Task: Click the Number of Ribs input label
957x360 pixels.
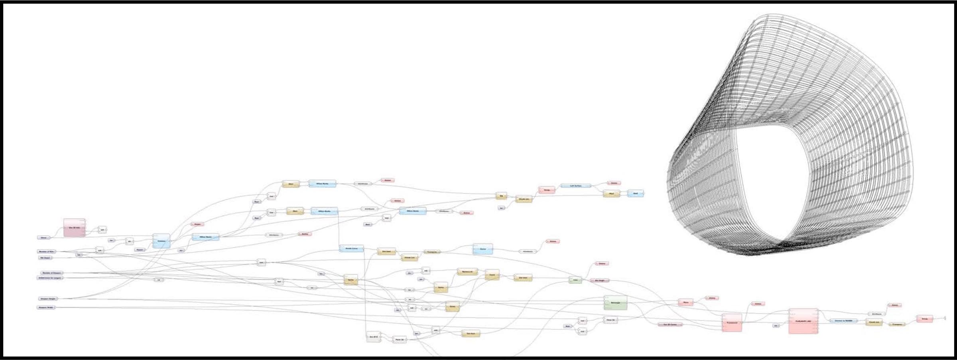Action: pos(47,252)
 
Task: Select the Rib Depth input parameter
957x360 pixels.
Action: pos(45,258)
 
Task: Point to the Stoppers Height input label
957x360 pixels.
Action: pos(48,299)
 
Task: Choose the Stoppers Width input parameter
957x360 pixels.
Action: pos(46,308)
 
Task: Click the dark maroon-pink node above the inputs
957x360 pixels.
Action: pos(75,227)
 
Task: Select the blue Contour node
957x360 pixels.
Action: pos(161,241)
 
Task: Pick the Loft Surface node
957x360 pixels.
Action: pos(575,186)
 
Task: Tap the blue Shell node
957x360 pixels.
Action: pos(635,193)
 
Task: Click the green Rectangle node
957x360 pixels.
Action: pos(615,303)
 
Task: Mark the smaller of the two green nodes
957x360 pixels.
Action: pos(575,280)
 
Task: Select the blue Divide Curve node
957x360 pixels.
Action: pos(351,248)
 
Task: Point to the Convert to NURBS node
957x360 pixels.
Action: pos(843,321)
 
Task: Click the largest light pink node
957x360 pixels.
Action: pos(803,321)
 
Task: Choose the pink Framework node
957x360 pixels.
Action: pos(732,323)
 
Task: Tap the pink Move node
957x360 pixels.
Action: pos(685,303)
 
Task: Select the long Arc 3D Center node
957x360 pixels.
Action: pos(670,325)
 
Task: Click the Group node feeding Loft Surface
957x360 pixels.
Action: pos(547,190)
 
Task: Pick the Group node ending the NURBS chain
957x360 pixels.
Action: pos(924,319)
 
